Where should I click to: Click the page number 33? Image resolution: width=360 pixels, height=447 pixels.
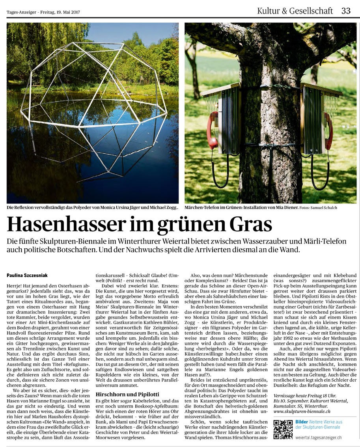(x=346, y=11)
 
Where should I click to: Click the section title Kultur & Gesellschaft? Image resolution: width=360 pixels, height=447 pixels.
(x=295, y=11)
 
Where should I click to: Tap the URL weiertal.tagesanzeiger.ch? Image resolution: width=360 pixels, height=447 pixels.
(x=319, y=437)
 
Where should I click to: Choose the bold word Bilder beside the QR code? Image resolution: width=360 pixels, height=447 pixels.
(x=302, y=422)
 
